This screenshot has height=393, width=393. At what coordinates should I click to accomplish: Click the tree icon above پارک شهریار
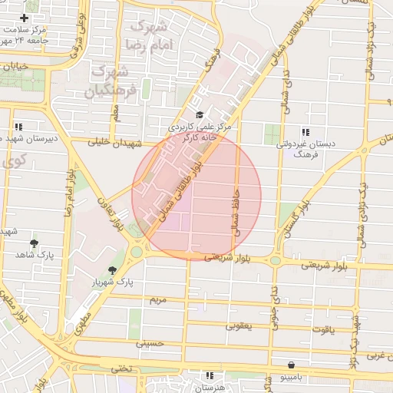click(114, 270)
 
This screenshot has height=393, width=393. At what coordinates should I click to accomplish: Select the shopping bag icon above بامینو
click(290, 365)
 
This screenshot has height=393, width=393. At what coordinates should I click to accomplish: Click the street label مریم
click(157, 297)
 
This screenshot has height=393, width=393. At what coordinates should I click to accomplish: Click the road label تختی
click(123, 368)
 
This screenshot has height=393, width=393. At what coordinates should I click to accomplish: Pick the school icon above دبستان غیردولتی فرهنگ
click(305, 131)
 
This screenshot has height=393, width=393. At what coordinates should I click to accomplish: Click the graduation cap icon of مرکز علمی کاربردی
click(200, 114)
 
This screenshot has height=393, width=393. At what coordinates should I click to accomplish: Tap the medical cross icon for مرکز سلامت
click(25, 18)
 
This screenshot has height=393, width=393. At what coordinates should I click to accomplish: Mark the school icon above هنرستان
click(210, 376)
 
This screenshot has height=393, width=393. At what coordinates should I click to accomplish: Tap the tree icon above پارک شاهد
click(32, 243)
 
